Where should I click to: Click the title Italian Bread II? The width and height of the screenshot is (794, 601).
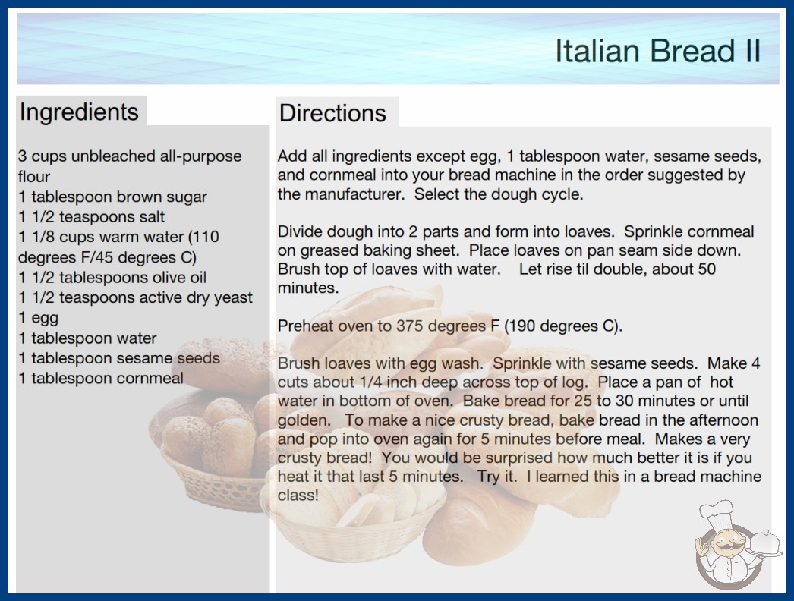[x=658, y=51]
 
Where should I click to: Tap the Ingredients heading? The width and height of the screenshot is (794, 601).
[x=79, y=112]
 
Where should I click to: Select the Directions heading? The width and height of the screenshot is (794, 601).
[x=332, y=113]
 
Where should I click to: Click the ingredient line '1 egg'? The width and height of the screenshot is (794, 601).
[x=39, y=318]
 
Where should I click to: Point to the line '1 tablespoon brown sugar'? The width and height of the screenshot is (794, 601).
[x=112, y=197]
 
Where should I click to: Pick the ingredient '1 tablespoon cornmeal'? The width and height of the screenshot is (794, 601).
[x=101, y=378]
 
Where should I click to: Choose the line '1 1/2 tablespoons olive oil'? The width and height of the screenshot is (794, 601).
[x=112, y=278]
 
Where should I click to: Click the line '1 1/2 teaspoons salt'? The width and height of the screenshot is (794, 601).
[x=92, y=217]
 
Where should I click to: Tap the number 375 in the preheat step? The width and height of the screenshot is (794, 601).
[x=411, y=326]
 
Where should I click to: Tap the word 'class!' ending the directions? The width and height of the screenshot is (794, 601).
[x=298, y=495]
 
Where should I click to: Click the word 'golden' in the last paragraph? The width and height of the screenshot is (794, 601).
[x=302, y=420]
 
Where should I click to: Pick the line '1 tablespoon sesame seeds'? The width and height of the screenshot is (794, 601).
[x=119, y=358]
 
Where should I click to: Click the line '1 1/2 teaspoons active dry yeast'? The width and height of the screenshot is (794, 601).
[x=135, y=297]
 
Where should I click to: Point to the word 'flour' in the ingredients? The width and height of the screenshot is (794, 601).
[x=34, y=176]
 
